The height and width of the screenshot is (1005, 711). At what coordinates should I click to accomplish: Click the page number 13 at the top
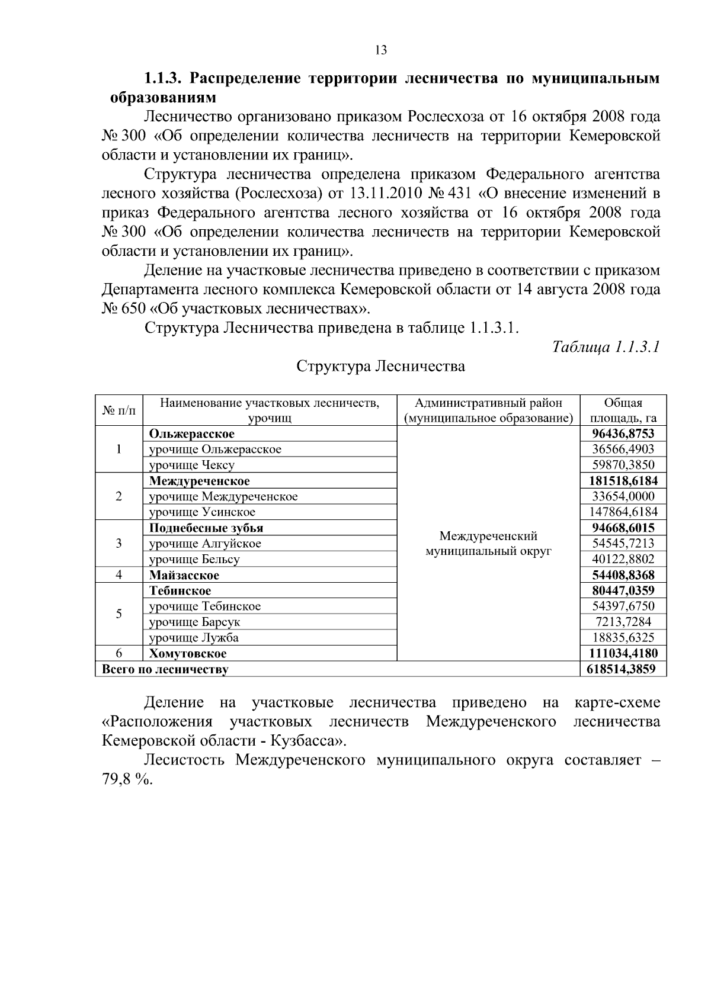(x=381, y=50)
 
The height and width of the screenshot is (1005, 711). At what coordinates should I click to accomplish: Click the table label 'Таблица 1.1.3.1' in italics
(x=606, y=346)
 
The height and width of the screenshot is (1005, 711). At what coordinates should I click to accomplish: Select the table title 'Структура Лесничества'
(x=380, y=367)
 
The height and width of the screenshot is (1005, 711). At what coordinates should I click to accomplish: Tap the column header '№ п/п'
(x=118, y=410)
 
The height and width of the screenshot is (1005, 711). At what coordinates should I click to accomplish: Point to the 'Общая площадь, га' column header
(x=623, y=410)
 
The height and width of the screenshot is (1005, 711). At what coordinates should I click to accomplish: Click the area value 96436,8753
(x=623, y=434)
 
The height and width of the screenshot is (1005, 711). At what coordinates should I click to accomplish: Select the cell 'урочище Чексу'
(x=191, y=465)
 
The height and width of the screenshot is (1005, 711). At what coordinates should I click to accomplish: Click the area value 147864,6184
(x=623, y=512)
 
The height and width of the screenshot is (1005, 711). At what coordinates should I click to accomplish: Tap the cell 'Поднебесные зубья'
(x=206, y=528)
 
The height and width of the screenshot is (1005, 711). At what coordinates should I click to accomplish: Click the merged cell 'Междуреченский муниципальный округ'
(x=488, y=544)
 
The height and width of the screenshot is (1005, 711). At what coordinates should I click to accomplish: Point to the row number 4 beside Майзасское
(x=118, y=574)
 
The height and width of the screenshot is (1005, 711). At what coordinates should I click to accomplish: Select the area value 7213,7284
(x=623, y=622)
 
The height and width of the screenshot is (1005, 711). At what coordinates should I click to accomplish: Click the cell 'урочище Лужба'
(x=193, y=638)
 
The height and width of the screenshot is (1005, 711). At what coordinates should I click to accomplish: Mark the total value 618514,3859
(x=623, y=669)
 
